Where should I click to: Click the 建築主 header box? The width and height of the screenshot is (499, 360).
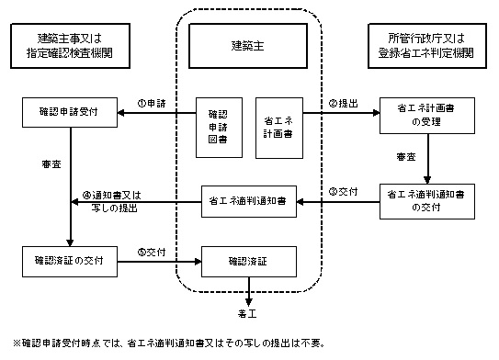(248, 45)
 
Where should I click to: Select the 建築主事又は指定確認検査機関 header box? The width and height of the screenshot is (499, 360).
(68, 45)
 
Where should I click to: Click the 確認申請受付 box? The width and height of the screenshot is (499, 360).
(68, 114)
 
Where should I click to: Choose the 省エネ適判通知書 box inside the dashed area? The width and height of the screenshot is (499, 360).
(248, 203)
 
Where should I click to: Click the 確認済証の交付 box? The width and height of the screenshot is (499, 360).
(68, 261)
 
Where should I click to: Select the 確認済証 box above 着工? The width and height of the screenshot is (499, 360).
(248, 261)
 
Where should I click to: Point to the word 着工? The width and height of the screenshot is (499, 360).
(248, 313)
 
